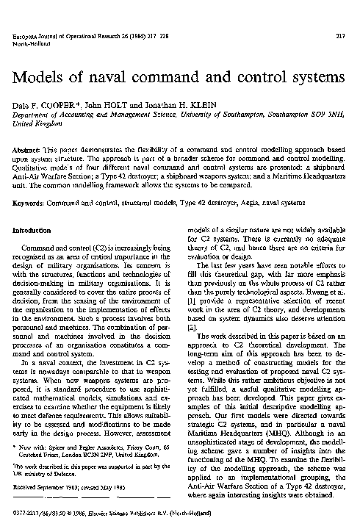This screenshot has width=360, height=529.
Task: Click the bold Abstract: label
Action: tap(29, 148)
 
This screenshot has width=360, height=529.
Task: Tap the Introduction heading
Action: tap(36, 231)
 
